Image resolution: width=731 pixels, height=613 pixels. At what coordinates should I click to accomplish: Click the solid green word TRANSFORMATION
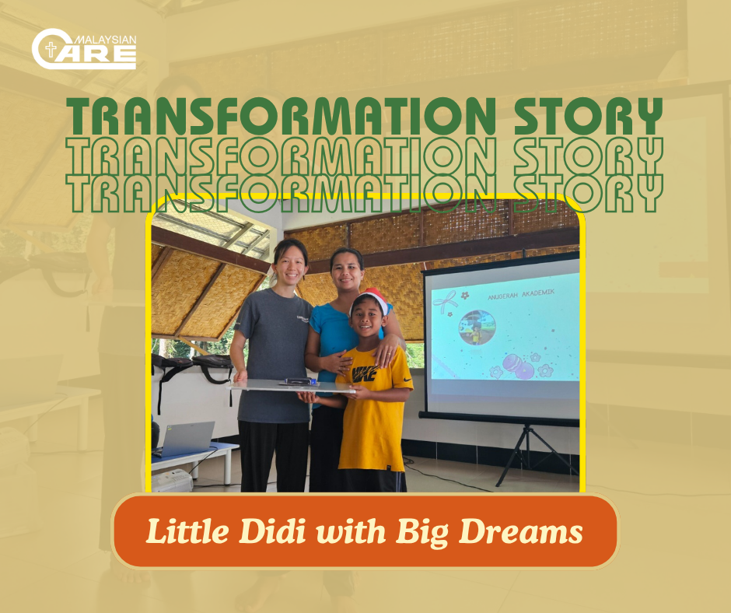click(281, 116)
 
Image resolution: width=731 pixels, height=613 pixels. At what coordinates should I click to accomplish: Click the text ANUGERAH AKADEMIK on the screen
click(520, 294)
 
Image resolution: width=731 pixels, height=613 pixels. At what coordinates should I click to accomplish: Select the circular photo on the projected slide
click(477, 328)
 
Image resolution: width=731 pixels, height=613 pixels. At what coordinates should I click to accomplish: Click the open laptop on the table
click(187, 439)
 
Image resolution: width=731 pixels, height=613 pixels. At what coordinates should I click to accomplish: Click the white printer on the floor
click(172, 481)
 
